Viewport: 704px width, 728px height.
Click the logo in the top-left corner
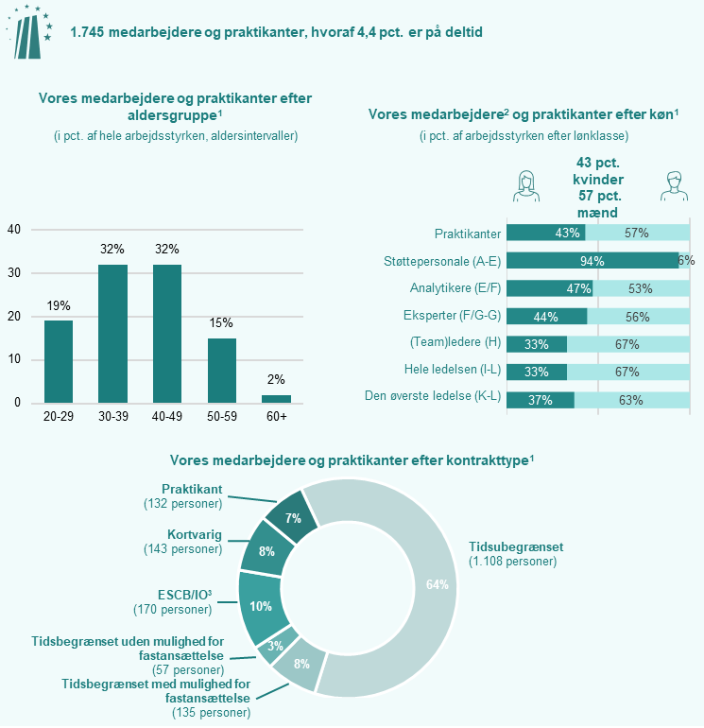point(28,30)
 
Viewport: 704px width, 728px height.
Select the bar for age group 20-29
point(59,361)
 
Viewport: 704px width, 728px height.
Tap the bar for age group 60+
point(276,398)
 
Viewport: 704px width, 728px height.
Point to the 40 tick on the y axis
point(14,230)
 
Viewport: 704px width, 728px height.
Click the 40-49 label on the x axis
point(167,417)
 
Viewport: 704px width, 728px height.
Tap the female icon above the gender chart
point(525,185)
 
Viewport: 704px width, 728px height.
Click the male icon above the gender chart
point(672,185)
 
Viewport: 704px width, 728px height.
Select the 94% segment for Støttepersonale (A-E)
point(592,261)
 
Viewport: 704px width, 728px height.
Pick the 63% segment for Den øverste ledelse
point(631,400)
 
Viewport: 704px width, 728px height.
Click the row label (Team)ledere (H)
point(451,343)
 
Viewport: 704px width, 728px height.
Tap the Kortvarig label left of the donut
point(195,535)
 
